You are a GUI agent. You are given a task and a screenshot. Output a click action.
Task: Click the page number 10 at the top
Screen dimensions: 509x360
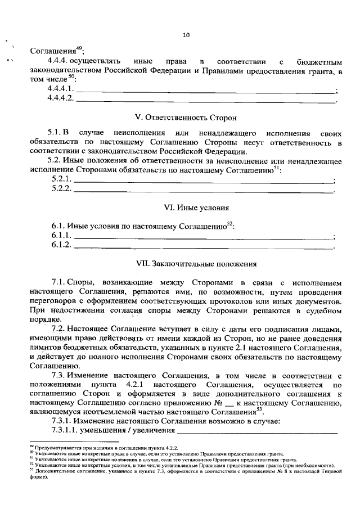click(186, 35)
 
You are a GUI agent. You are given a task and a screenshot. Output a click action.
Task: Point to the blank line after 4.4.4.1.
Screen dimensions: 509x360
click(205, 91)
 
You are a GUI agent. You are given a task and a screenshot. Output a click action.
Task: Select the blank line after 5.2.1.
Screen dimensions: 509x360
click(204, 180)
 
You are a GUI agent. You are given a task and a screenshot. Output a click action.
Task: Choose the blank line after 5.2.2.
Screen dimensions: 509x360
click(204, 190)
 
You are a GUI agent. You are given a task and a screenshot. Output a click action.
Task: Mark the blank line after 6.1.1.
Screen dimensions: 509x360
click(204, 236)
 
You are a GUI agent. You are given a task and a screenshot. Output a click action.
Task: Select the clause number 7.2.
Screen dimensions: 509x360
click(59, 328)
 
